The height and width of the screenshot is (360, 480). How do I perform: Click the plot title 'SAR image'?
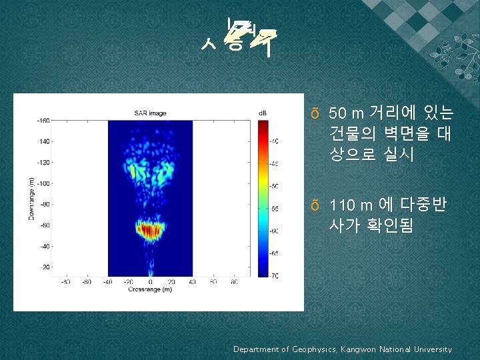pyautogui.click(x=151, y=111)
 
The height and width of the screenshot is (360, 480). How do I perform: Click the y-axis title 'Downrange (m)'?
pyautogui.click(x=31, y=199)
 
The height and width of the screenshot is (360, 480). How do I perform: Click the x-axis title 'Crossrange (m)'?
pyautogui.click(x=150, y=289)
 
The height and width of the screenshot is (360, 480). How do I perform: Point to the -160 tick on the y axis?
pyautogui.click(x=44, y=121)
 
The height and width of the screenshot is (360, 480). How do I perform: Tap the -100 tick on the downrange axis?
pyautogui.click(x=44, y=183)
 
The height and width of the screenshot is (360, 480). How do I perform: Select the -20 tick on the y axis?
pyautogui.click(x=45, y=267)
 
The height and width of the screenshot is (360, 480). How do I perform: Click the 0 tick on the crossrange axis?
pyautogui.click(x=151, y=282)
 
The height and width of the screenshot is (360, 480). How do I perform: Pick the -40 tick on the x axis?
pyautogui.click(x=108, y=282)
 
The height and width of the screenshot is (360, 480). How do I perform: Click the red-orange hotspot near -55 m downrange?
pyautogui.click(x=149, y=230)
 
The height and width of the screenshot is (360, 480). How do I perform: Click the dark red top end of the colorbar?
pyautogui.click(x=263, y=123)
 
